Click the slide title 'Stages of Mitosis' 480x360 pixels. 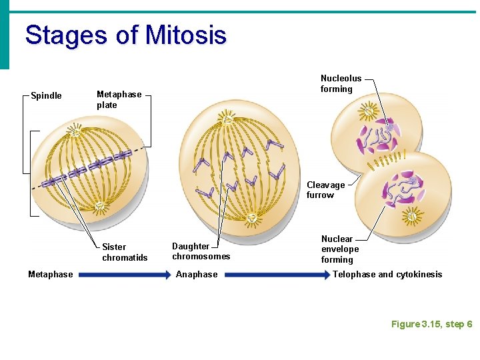pyautogui.click(x=125, y=35)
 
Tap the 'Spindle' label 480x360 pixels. pyautogui.click(x=46, y=95)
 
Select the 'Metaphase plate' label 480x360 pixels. pyautogui.click(x=119, y=99)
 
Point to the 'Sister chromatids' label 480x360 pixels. pyautogui.click(x=125, y=252)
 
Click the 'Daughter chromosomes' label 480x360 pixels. pyautogui.click(x=201, y=251)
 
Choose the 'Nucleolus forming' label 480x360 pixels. pyautogui.click(x=341, y=83)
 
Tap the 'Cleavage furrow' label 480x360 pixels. pyautogui.click(x=325, y=190)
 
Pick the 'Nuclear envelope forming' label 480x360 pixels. pyautogui.click(x=339, y=249)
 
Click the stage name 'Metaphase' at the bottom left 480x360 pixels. pyautogui.click(x=51, y=274)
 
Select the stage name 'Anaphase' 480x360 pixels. pyautogui.click(x=196, y=274)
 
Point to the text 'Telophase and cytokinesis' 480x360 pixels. pyautogui.click(x=387, y=274)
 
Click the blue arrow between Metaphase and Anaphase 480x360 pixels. pyautogui.click(x=124, y=274)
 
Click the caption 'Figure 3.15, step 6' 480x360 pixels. pyautogui.click(x=431, y=324)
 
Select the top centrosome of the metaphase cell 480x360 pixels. pyautogui.click(x=75, y=131)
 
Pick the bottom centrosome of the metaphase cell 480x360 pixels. pyautogui.click(x=99, y=207)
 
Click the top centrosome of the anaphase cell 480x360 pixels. pyautogui.click(x=228, y=120)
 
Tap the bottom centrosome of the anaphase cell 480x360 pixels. pyautogui.click(x=253, y=217)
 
